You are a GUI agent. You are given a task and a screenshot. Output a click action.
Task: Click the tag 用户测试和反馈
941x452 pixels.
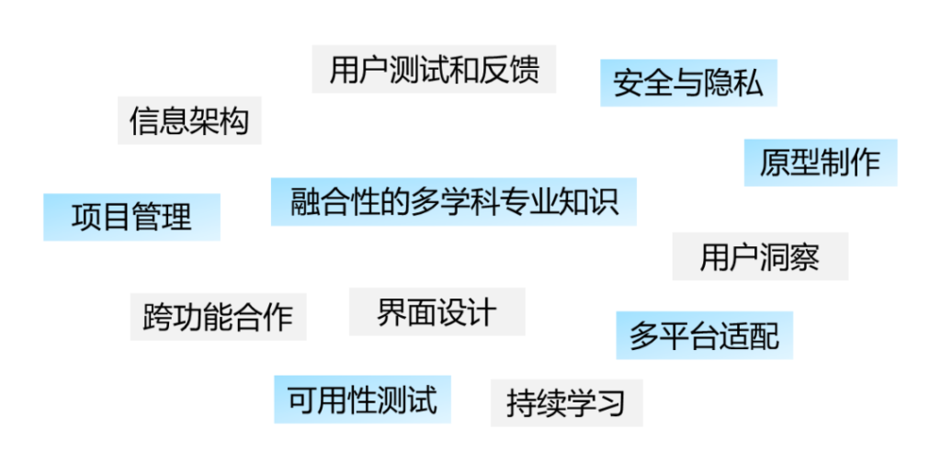point(434,70)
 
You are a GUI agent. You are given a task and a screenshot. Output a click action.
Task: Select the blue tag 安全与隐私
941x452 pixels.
point(688,84)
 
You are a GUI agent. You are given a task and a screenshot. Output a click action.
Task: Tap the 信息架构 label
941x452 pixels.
point(189,120)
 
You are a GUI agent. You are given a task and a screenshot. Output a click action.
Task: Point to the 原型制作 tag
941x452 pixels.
point(820,163)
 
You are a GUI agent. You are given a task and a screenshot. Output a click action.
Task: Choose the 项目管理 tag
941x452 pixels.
point(131,217)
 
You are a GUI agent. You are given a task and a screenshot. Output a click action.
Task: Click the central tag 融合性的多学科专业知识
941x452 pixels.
point(453,201)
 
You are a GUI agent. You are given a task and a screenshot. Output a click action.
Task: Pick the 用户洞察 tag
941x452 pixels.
point(759,257)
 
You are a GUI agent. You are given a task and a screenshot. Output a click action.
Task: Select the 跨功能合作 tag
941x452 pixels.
point(218,317)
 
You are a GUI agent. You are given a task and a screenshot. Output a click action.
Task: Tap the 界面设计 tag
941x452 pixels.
point(436,312)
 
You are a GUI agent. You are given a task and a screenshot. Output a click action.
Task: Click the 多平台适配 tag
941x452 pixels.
point(704,335)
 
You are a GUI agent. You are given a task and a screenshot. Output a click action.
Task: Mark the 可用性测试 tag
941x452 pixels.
point(362,400)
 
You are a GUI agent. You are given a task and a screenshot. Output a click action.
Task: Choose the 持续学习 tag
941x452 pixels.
point(566,402)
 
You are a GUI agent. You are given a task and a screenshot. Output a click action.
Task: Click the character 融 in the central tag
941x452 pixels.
point(305,201)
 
